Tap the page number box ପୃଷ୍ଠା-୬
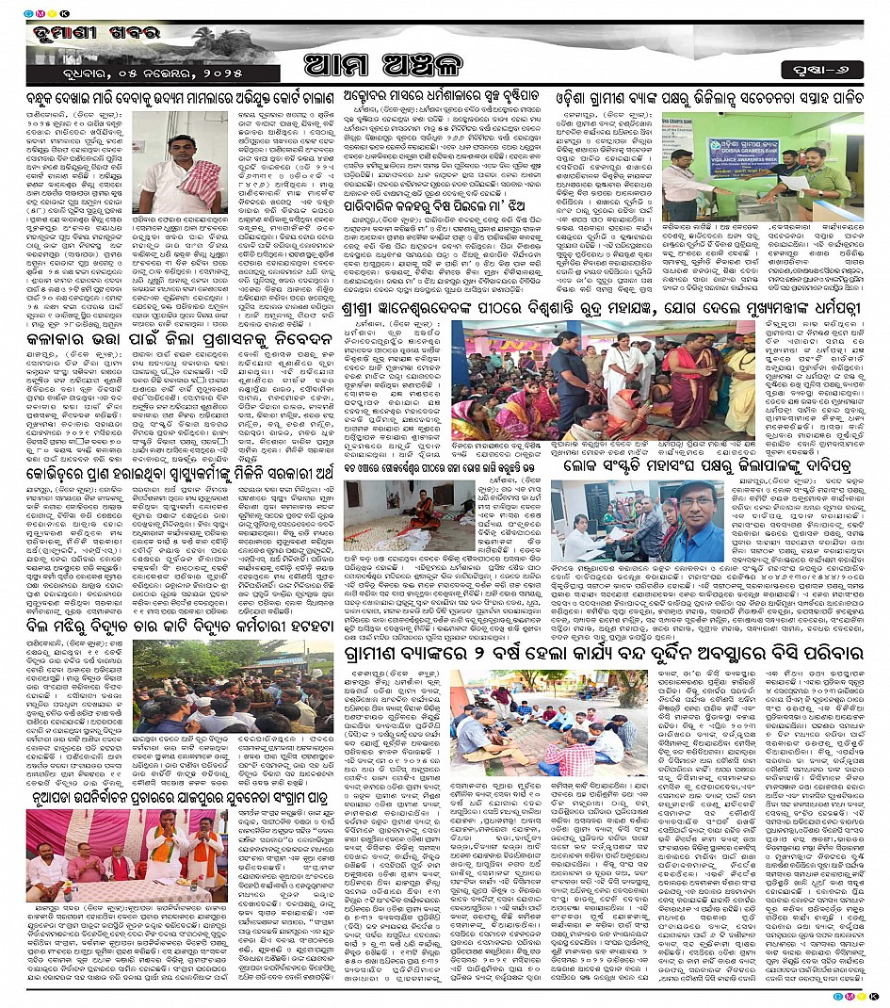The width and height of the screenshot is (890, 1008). pos(820,68)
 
